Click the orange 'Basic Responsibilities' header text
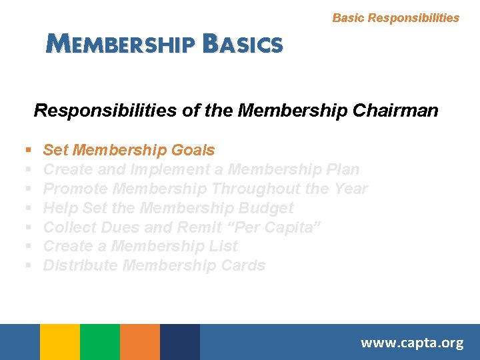coord(395,18)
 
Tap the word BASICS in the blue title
coord(243,44)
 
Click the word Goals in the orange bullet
coord(193,151)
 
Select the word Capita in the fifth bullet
coord(294,227)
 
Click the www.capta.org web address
coord(411,343)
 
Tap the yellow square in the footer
coord(60,342)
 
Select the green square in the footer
coord(100,342)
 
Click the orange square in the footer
coord(140,342)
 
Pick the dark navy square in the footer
coord(180,342)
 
